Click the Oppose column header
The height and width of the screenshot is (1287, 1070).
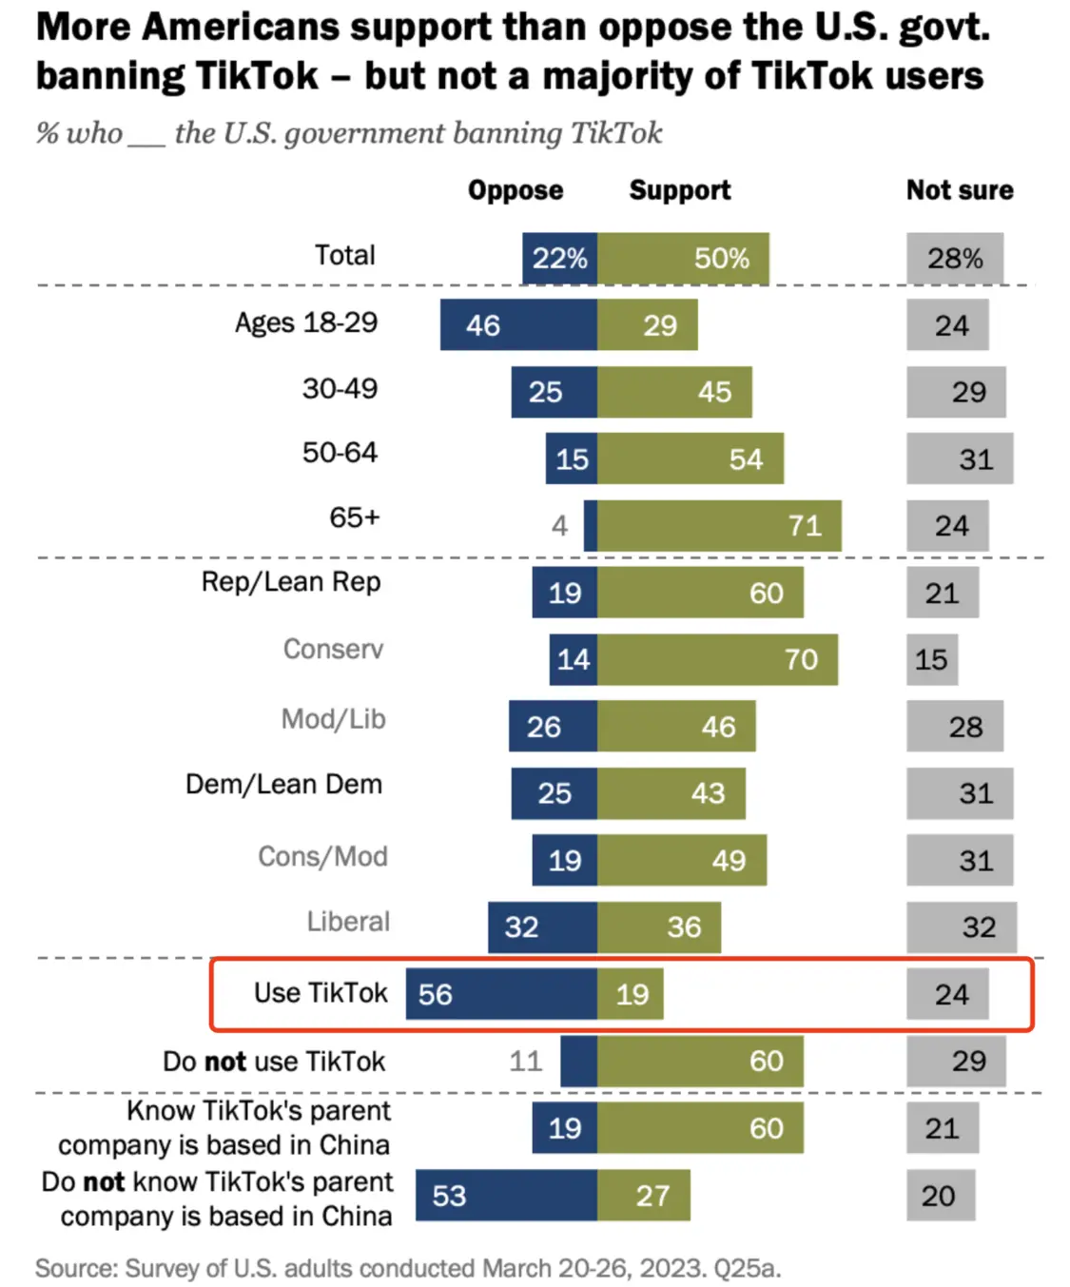pos(515,190)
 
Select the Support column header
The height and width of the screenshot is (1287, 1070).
pos(680,190)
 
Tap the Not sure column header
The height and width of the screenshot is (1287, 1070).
pos(960,190)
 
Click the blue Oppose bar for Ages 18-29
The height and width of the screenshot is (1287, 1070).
pos(518,325)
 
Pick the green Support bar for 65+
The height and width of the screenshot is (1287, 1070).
pos(719,526)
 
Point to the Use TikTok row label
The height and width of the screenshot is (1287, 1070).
pos(321,993)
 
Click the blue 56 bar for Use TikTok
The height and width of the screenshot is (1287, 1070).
pos(501,994)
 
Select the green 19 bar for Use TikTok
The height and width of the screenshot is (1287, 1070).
pos(631,994)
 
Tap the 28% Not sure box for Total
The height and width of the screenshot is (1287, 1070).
pos(954,258)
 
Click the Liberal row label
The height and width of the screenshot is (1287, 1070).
pos(348,922)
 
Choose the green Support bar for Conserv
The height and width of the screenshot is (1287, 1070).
pos(717,659)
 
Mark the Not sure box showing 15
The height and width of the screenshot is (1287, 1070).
pos(932,659)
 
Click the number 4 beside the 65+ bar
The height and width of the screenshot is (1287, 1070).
pos(559,526)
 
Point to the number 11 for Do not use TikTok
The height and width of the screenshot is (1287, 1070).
pos(525,1061)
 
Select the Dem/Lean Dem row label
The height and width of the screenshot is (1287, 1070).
pos(283,785)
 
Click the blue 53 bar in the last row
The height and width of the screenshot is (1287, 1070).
pos(506,1196)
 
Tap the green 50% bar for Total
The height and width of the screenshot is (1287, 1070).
pos(683,258)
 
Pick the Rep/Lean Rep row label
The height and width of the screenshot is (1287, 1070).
pos(290,582)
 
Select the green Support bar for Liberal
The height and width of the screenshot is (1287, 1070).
pos(659,927)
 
